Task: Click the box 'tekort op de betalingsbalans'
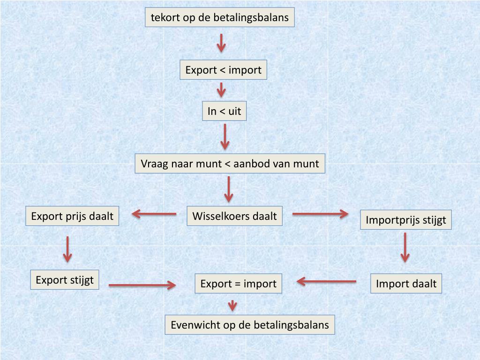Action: (220, 18)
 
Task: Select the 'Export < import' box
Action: (223, 70)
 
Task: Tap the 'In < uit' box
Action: (224, 112)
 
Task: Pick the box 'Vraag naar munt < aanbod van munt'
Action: (230, 164)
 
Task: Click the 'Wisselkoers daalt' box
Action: (234, 216)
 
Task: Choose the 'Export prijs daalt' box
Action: (72, 216)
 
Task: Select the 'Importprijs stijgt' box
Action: (405, 220)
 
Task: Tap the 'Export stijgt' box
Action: (65, 280)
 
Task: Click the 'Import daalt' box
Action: (406, 283)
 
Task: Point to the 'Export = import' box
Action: (238, 284)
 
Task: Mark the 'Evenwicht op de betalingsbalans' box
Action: (250, 324)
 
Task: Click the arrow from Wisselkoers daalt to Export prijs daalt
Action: (154, 214)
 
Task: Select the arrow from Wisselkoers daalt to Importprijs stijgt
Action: (320, 214)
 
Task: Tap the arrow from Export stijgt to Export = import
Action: (142, 285)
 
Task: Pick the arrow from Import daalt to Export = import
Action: (326, 282)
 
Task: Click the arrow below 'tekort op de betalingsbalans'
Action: (221, 43)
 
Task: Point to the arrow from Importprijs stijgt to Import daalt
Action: (405, 247)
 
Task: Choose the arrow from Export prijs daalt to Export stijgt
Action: (68, 249)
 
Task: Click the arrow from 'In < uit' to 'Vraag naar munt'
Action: (225, 136)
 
